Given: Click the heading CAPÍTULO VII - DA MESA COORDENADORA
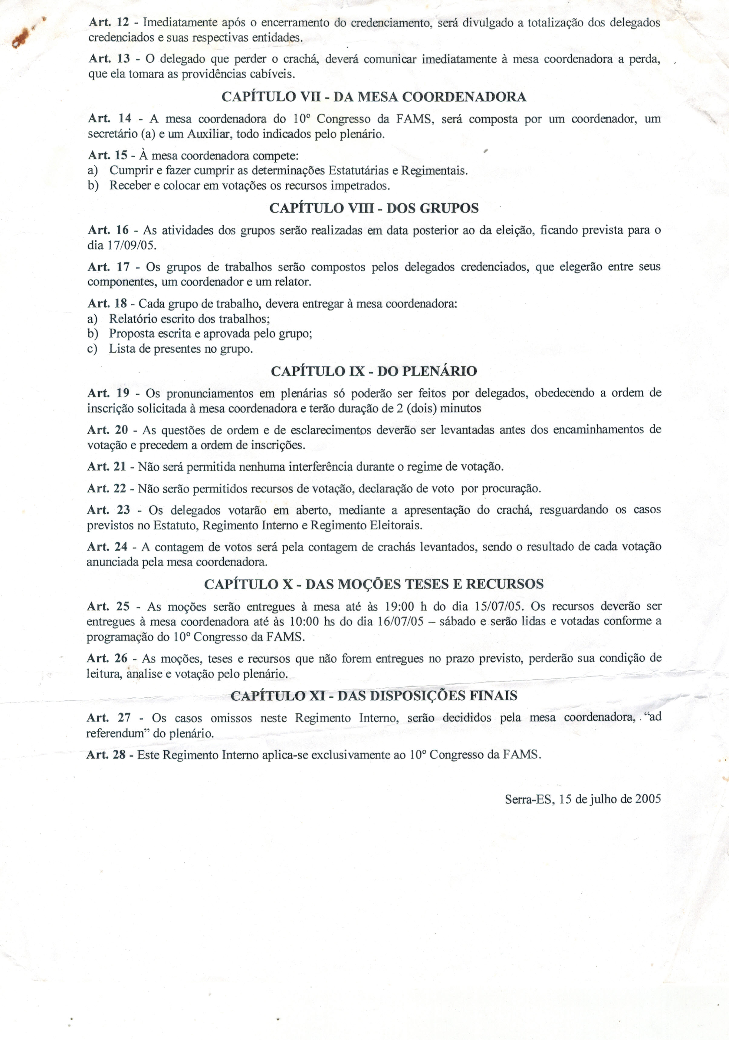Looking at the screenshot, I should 373,97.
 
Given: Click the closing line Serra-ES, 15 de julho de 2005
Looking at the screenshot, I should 583,798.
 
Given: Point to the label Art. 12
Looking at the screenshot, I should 109,22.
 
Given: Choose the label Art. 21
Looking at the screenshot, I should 107,466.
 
